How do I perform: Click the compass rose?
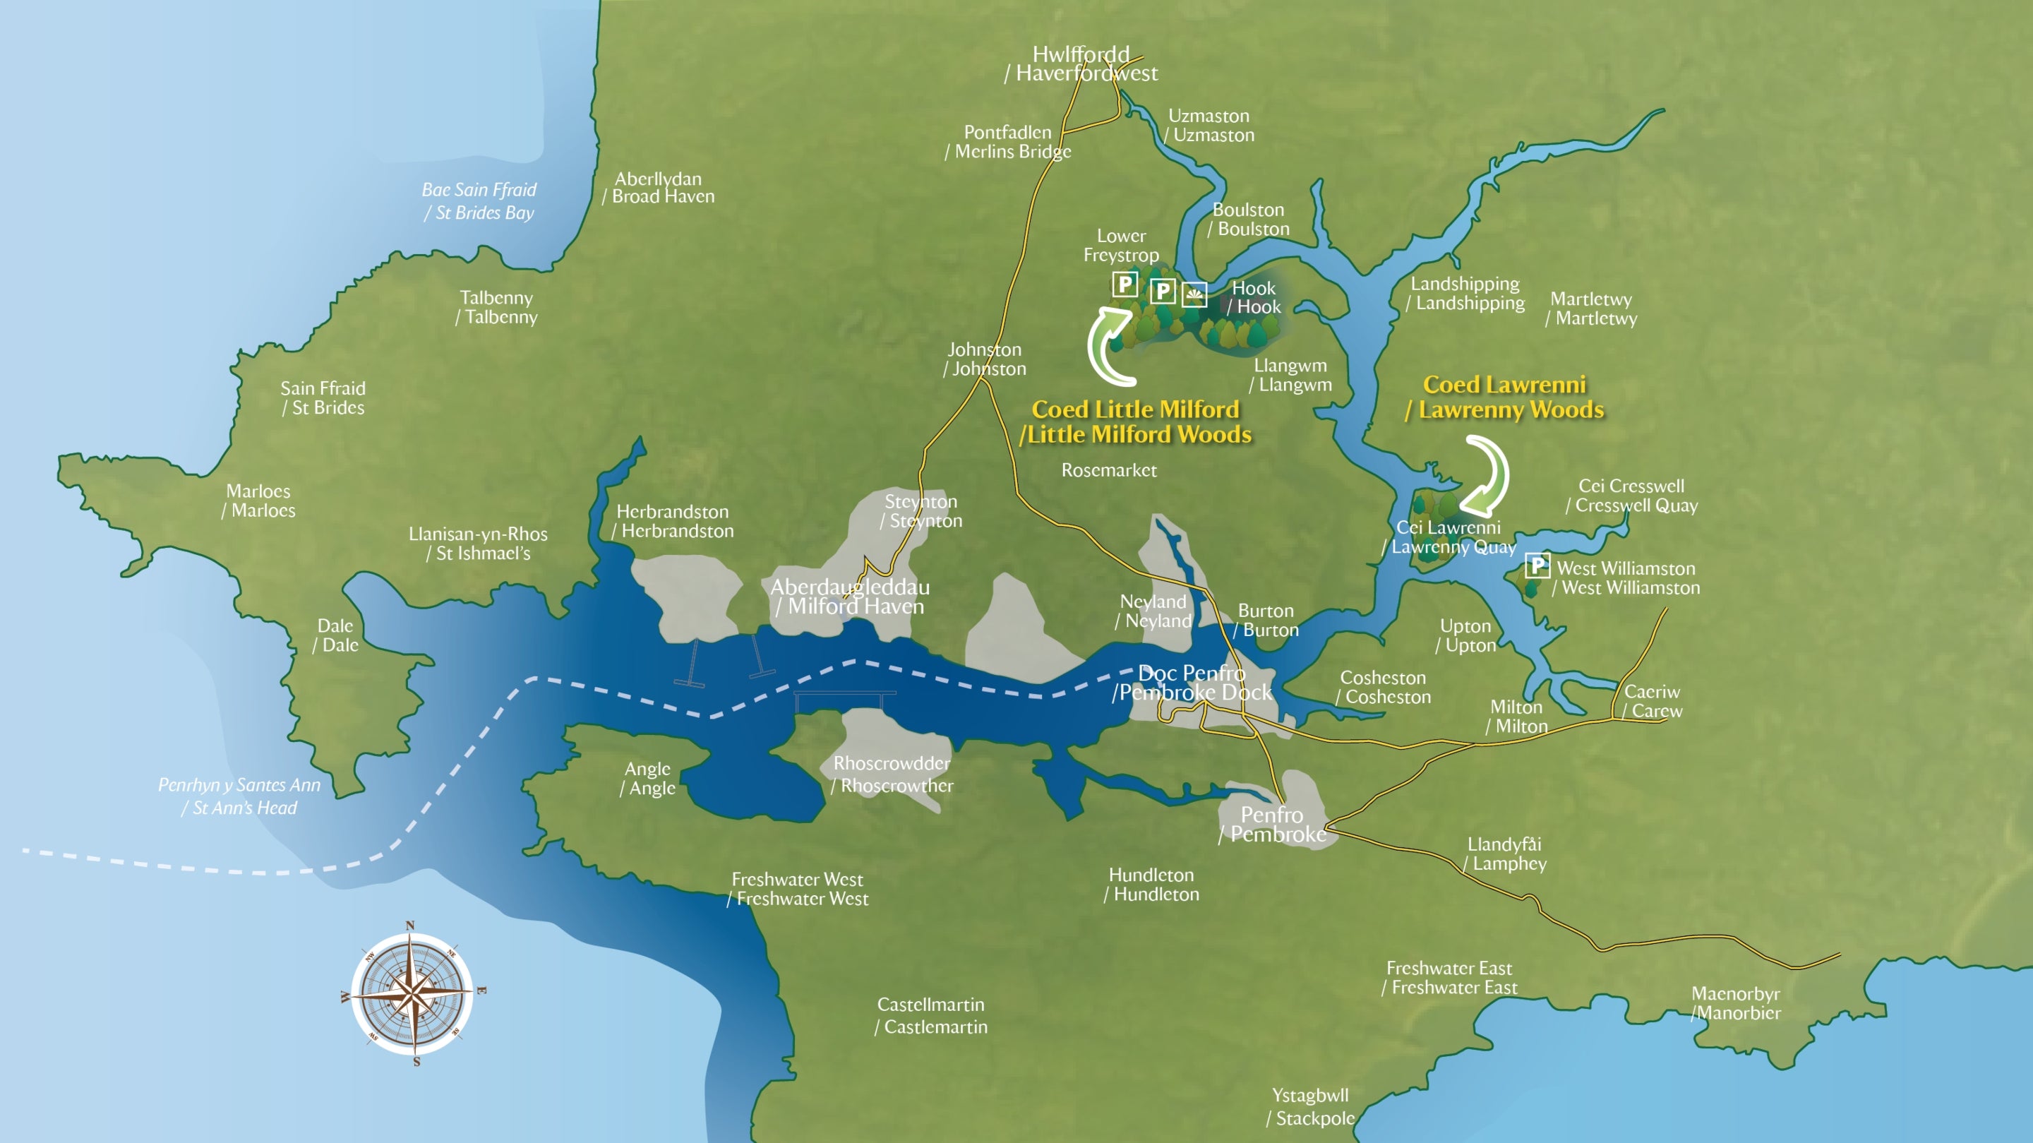tap(412, 994)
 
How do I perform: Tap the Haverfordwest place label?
tap(1081, 64)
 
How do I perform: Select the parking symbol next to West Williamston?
tap(1537, 565)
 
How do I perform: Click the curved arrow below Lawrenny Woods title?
tap(1487, 476)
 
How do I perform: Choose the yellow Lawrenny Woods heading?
tap(1505, 397)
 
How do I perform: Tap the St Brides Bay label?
tap(479, 201)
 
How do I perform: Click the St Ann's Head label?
tap(239, 796)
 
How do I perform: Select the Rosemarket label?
tap(1109, 470)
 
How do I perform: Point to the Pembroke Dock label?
tap(1192, 683)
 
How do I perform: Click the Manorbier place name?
tap(1736, 1003)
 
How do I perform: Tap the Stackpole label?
tap(1311, 1107)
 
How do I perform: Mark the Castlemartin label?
tap(931, 1015)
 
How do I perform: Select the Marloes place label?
tap(259, 501)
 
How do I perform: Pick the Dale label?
tap(335, 635)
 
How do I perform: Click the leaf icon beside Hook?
tap(1194, 294)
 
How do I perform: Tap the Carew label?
tap(1652, 701)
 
